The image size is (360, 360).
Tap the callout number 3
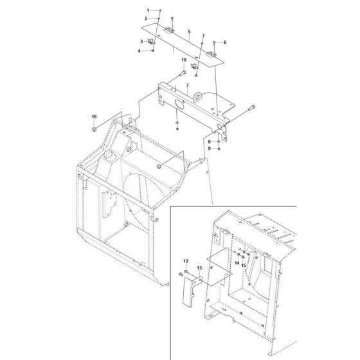141,42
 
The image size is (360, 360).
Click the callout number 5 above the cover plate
189,32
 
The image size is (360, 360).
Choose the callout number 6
225,42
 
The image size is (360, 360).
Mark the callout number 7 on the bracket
186,85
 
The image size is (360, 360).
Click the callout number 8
208,141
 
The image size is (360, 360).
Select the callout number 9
208,148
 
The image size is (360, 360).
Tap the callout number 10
183,60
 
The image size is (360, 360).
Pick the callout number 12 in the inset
168,260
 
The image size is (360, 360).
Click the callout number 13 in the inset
181,266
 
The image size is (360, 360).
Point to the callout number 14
236,264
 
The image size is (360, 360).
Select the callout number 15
244,264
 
